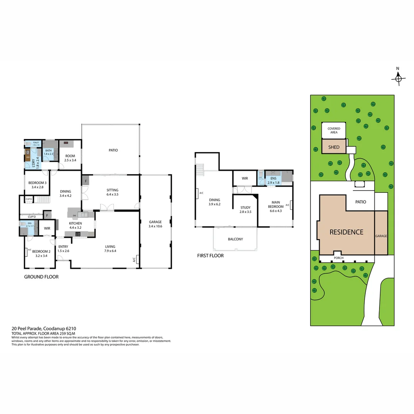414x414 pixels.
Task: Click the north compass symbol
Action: point(398,78)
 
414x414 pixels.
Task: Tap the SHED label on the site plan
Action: point(333,147)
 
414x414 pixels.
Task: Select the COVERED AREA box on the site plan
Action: point(333,130)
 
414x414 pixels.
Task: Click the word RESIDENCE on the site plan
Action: point(346,232)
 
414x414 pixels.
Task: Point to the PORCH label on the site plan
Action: point(338,258)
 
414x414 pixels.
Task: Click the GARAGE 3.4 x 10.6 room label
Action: point(155,224)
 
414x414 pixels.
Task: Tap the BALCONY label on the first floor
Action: point(235,239)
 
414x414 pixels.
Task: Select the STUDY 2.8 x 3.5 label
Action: point(245,210)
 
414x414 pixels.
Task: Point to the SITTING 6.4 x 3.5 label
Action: point(112,192)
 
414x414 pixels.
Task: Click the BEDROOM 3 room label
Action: point(37,185)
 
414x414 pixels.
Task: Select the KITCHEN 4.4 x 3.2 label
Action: point(76,225)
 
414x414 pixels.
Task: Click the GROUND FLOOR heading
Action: point(41,277)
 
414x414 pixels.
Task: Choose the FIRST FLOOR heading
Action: point(210,256)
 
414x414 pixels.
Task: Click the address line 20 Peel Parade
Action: point(44,329)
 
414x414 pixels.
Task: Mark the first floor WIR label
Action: point(245,178)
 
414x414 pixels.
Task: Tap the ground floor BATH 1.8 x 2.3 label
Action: point(49,152)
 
